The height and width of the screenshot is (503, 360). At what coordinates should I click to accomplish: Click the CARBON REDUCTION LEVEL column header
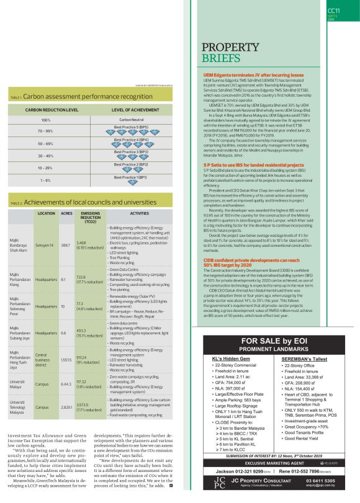(x=52, y=109)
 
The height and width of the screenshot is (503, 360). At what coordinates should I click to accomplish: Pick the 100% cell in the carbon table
(x=46, y=120)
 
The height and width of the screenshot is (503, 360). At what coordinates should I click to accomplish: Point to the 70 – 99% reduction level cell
(x=46, y=131)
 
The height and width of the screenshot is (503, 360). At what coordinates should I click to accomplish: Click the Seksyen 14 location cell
(x=47, y=243)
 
